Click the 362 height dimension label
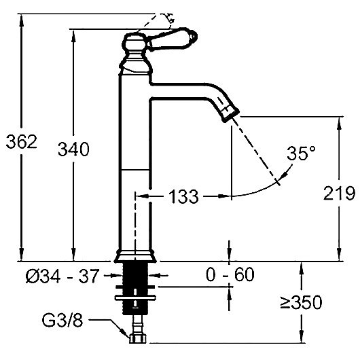[x=21, y=142]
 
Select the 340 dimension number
[x=73, y=149]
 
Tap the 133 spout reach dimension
[x=183, y=196]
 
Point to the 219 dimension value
[x=340, y=194]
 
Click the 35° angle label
[x=301, y=153]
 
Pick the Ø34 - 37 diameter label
[x=62, y=276]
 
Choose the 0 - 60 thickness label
[x=230, y=274]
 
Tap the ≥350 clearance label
[x=301, y=302]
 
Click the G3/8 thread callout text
[x=62, y=320]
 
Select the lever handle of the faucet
[x=173, y=39]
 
